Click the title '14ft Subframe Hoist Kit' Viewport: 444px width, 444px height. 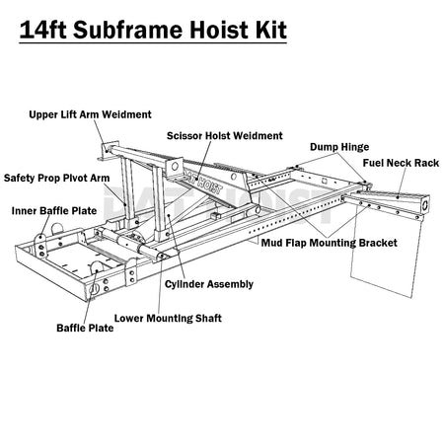coord(153,30)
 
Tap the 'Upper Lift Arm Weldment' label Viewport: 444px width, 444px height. coord(90,114)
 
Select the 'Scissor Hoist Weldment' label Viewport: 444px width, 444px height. coord(225,136)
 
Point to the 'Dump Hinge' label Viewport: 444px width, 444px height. coord(339,147)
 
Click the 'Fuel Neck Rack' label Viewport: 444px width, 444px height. coord(401,163)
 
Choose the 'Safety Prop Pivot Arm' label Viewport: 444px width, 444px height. coord(56,178)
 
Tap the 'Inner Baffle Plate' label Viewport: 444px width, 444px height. coord(54,211)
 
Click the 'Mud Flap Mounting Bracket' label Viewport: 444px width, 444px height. coord(330,243)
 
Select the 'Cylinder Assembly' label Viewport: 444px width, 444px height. coord(209,284)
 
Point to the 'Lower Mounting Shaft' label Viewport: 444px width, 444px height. coord(168,319)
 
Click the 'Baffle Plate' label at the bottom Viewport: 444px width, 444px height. coord(85,328)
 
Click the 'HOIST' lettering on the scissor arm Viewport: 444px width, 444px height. coord(209,186)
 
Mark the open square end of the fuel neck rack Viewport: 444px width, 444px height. coord(424,204)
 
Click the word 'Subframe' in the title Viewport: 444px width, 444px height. coord(128,30)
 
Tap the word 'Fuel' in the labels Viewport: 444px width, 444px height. coord(373,163)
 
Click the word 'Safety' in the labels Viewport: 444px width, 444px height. coord(20,178)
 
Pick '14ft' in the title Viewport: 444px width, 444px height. coord(43,30)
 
